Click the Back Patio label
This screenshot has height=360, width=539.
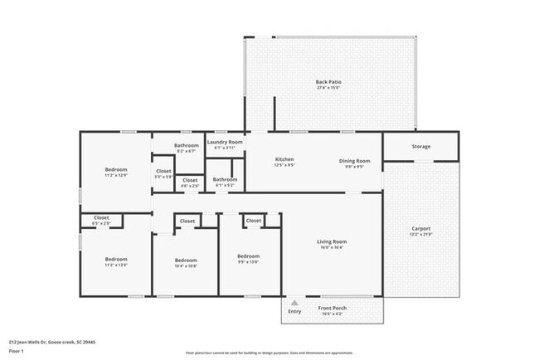(x=328, y=81)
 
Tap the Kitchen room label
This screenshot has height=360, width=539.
(x=284, y=159)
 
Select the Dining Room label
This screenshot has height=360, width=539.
(x=354, y=160)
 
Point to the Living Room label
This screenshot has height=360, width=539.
(x=332, y=241)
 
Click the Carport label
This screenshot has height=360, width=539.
(x=421, y=228)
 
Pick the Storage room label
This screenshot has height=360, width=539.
(x=421, y=147)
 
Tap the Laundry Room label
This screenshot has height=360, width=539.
(x=225, y=142)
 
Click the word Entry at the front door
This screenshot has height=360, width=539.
(x=294, y=311)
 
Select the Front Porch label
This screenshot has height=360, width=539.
(x=333, y=309)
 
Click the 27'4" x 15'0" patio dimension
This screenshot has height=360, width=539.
(x=328, y=88)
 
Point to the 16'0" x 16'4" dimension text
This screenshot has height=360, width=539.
(x=332, y=247)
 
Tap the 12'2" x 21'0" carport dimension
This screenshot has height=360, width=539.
(x=421, y=235)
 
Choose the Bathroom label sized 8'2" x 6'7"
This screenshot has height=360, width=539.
(x=187, y=145)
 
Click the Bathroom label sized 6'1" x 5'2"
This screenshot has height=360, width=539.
(x=225, y=179)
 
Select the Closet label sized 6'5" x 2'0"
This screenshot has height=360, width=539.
(x=100, y=217)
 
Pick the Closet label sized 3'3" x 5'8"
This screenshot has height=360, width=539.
(x=163, y=171)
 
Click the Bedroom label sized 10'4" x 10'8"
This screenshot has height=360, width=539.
(x=186, y=260)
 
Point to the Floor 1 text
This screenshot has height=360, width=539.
(x=16, y=351)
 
